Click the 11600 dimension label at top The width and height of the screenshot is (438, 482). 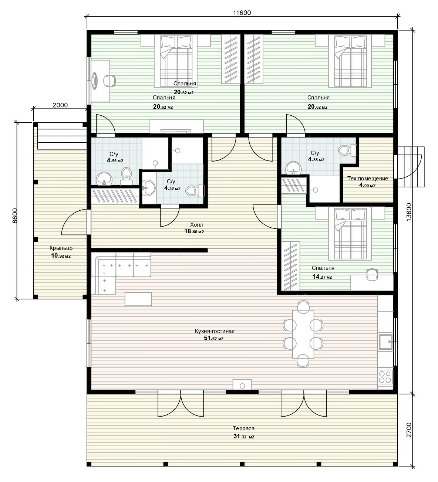click(x=242, y=13)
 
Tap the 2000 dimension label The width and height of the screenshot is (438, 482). click(x=60, y=105)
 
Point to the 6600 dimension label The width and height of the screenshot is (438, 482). click(x=15, y=215)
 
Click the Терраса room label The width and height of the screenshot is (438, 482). click(x=243, y=428)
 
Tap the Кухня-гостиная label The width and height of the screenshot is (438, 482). click(x=215, y=331)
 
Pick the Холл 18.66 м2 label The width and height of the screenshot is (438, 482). click(x=194, y=228)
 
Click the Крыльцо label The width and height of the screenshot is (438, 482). click(x=61, y=248)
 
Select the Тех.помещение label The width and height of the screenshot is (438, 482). click(x=367, y=179)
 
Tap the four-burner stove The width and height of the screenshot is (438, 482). click(x=385, y=377)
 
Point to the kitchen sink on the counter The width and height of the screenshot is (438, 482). click(x=386, y=342)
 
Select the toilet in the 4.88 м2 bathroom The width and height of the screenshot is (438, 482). click(x=348, y=150)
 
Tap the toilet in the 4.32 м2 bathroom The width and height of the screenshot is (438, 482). click(x=195, y=190)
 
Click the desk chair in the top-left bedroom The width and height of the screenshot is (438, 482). click(x=109, y=81)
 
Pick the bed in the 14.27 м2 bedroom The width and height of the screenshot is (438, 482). click(x=350, y=233)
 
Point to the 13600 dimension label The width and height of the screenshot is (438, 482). click(x=409, y=212)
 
